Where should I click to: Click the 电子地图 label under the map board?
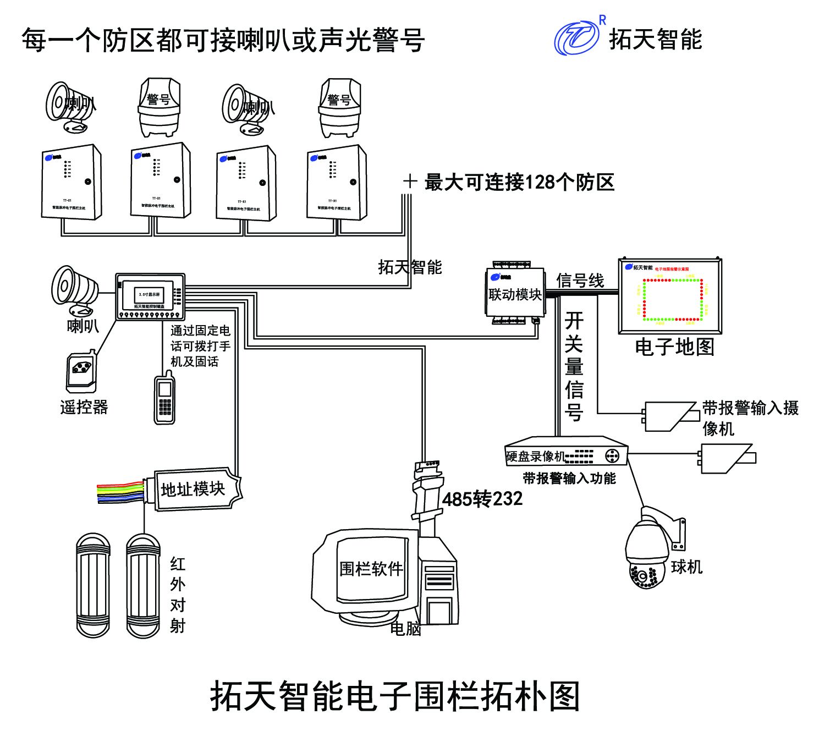(674, 347)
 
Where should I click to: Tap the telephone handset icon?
(164, 399)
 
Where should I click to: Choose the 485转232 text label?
(482, 499)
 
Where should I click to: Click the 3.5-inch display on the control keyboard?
(149, 295)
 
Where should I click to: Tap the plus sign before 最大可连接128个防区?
(410, 182)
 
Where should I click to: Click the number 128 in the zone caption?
(541, 182)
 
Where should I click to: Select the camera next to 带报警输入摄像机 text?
(670, 416)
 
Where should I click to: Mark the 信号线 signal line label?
(580, 281)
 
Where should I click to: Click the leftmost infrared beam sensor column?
(93, 585)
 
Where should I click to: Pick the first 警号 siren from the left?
(159, 107)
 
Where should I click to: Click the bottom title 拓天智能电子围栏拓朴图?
(395, 696)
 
